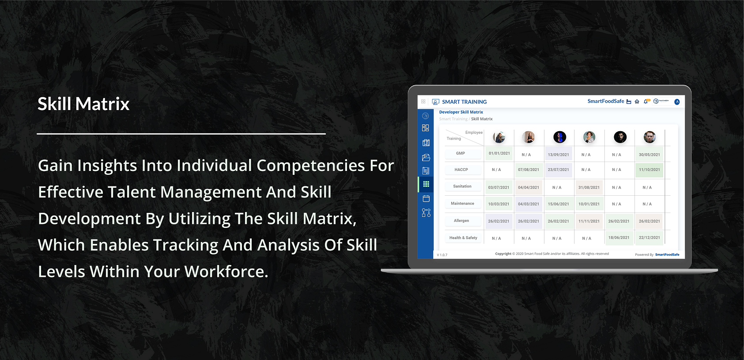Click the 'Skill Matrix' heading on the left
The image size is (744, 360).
83,104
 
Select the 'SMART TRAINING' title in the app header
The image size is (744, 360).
464,102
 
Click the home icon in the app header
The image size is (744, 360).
637,102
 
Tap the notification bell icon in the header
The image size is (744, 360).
646,102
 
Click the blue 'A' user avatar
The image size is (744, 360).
677,102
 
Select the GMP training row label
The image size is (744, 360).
461,153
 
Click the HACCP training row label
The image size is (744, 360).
461,170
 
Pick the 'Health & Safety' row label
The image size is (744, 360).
463,238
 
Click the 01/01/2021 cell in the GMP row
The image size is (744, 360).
499,153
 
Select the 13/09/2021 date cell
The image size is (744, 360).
558,155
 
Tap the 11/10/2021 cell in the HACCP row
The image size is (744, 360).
649,170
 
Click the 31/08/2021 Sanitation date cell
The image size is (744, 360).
589,187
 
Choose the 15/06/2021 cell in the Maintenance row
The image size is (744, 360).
558,204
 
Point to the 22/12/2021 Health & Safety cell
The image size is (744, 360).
649,238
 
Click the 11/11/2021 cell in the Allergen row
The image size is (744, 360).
589,221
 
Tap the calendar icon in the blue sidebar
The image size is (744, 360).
426,199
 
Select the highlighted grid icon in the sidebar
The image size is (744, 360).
426,184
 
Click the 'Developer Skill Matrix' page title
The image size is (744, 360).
461,112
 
